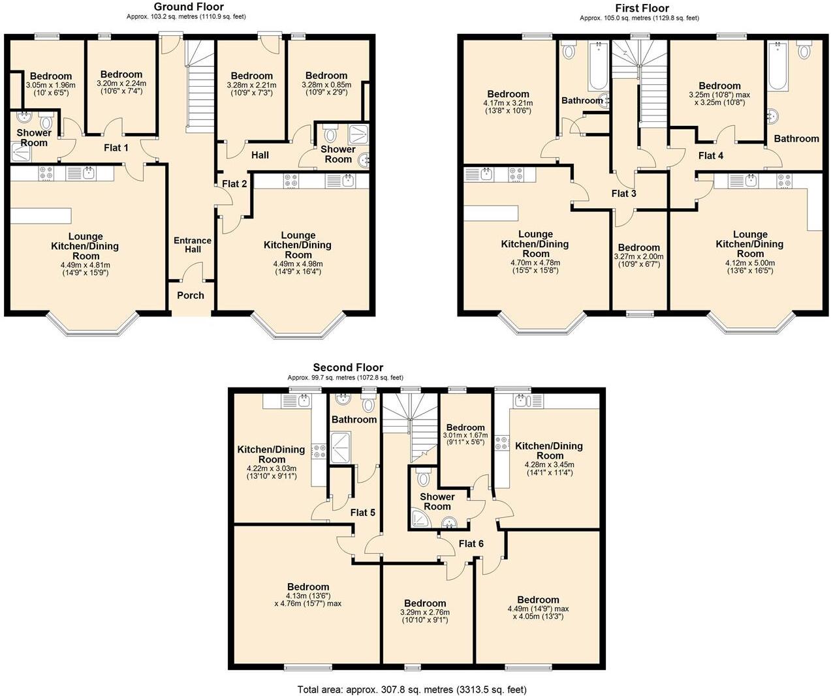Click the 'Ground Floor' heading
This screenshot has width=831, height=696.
coord(188,7)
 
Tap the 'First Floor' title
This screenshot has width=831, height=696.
coord(641,8)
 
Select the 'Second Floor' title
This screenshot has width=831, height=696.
coord(348,367)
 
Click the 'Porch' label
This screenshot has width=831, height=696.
coord(191,295)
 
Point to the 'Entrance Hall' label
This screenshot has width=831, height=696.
coord(193,245)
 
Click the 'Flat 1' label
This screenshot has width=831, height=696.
coord(116,148)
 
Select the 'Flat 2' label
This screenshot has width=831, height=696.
coord(234,184)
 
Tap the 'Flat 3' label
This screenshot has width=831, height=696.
coord(623,194)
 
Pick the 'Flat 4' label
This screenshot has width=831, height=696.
coord(711,156)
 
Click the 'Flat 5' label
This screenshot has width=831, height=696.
coord(362,513)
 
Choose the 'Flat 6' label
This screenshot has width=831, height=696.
coord(471,543)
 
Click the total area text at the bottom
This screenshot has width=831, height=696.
coord(412,689)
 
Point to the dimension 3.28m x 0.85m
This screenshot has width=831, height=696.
coord(326,85)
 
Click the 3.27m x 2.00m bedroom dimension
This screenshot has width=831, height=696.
coord(638,256)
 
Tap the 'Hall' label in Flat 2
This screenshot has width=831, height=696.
coord(260,155)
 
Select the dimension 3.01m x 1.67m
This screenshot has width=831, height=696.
coord(465,436)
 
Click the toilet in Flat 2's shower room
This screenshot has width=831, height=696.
coord(330,134)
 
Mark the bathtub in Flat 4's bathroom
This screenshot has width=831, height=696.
coord(777,67)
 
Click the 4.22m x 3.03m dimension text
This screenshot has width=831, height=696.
coord(272,468)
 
